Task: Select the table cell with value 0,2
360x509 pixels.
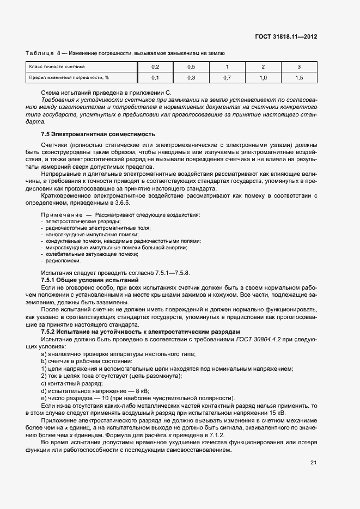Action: click(154, 66)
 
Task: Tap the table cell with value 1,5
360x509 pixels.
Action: click(299, 78)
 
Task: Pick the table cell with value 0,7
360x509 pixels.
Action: click(227, 78)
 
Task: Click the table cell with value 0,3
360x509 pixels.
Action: click(191, 78)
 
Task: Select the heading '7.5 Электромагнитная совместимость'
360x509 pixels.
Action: click(98, 134)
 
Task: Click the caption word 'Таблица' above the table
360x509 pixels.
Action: click(39, 53)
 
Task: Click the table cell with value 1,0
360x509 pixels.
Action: click(263, 78)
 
